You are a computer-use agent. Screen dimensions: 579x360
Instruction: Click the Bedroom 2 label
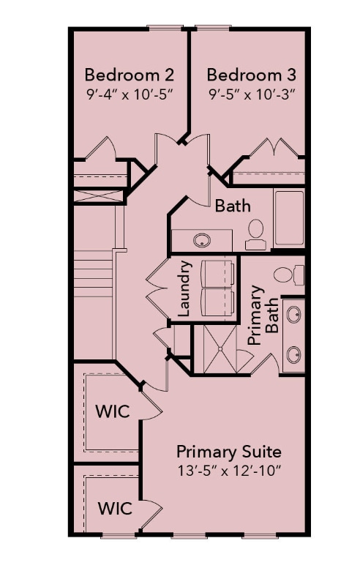coord(130,75)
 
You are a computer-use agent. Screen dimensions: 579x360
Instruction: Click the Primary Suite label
coord(229,451)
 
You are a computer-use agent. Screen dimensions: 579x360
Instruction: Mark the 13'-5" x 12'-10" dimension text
coord(229,469)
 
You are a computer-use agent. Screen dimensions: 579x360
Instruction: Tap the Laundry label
coord(184,288)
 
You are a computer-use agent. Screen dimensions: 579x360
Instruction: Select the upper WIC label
coord(113,411)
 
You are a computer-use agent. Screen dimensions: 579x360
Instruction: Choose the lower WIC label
coord(116,507)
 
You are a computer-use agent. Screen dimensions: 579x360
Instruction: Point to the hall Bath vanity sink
coord(200,239)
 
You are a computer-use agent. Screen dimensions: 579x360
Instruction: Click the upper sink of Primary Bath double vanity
coord(293,315)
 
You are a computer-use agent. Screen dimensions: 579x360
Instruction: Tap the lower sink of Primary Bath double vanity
coord(293,355)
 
